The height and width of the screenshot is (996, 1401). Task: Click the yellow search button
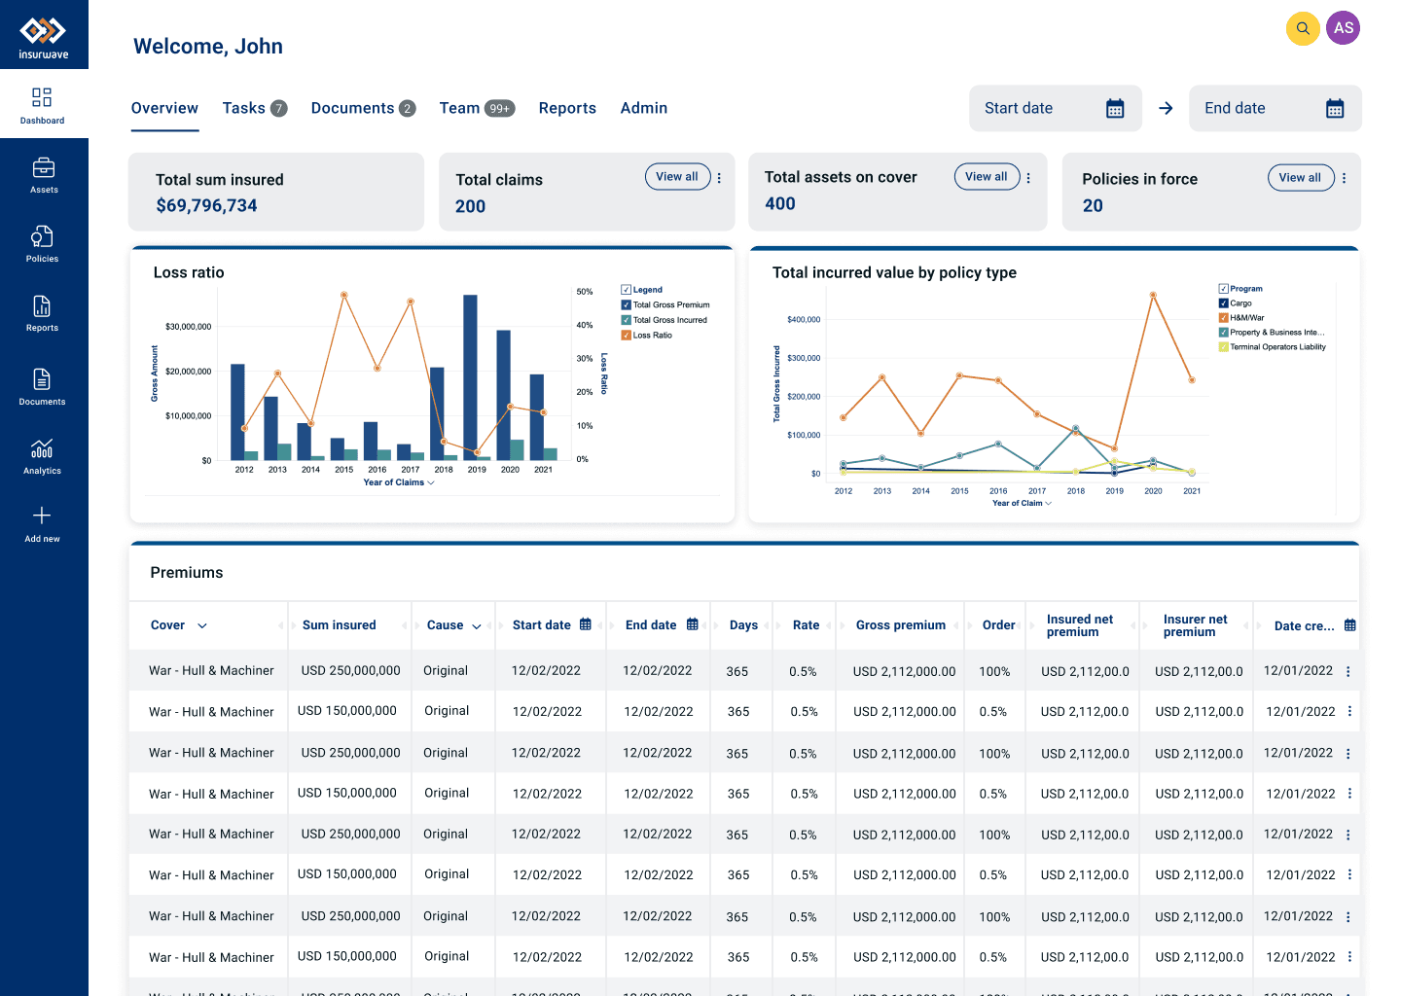1302,28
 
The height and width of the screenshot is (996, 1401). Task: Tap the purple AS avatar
1343,28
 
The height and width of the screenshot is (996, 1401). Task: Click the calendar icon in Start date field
1115,108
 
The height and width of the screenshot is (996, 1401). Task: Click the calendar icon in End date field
1335,108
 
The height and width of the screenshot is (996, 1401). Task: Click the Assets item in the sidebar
43,176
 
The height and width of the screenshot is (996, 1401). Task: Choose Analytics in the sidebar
42,456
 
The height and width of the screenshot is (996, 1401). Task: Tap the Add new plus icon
42,516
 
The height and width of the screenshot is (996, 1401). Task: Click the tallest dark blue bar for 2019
470,377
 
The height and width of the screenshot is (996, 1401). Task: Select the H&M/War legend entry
1241,318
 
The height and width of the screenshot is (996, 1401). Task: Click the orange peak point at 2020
1153,295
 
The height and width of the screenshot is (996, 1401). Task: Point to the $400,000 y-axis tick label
804,319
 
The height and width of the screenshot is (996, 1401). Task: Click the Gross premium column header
900,625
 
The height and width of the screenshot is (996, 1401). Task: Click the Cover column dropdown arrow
202,625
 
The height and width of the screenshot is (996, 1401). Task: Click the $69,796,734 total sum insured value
206,205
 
